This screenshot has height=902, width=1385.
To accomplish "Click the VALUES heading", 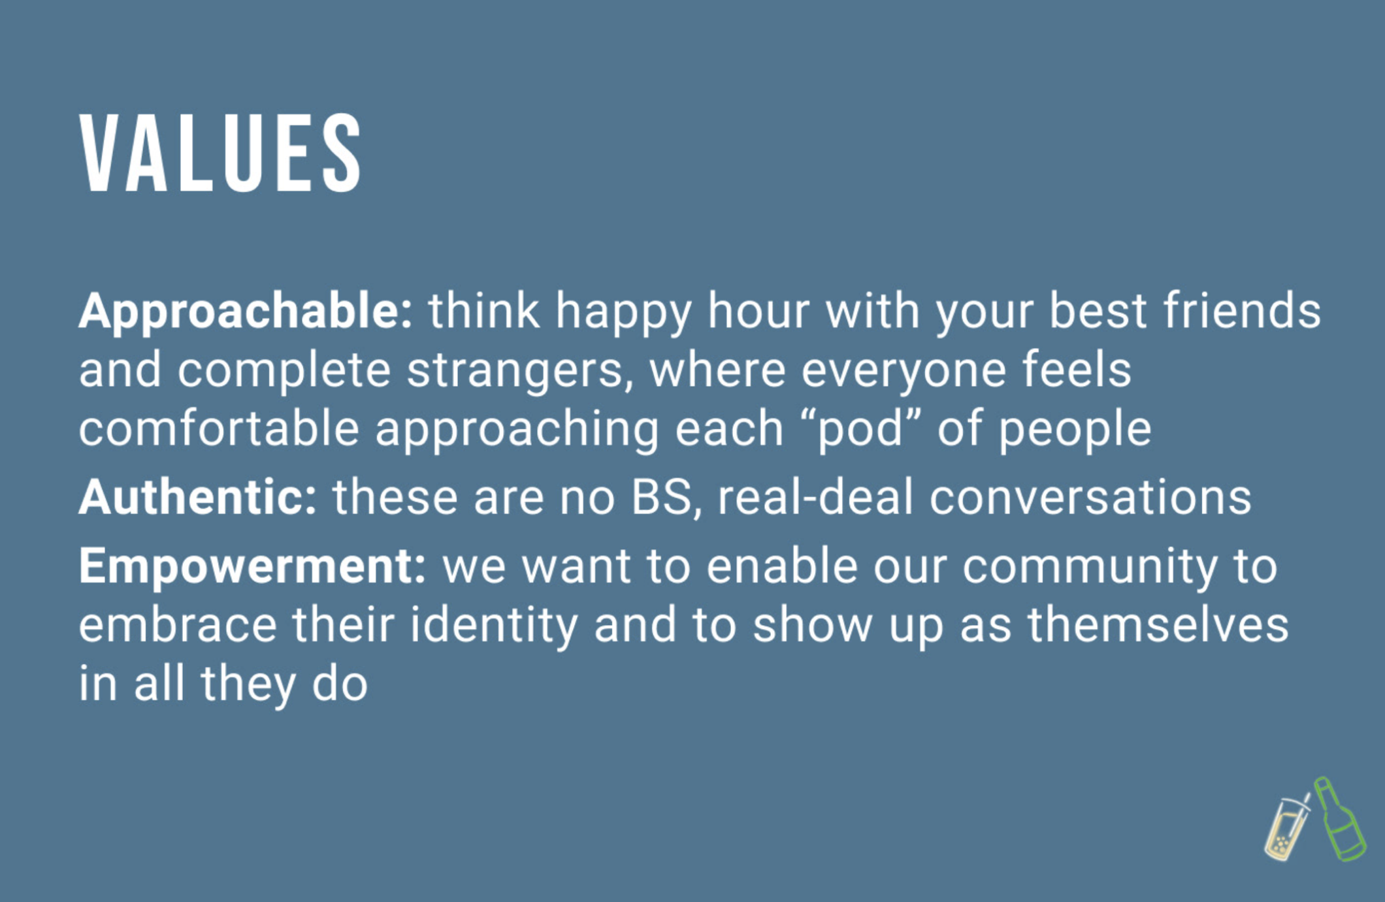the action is click(x=220, y=153).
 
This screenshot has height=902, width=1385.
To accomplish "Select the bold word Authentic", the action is click(x=198, y=498).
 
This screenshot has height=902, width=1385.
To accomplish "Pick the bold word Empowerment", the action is click(x=253, y=567).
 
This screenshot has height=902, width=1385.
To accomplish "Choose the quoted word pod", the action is click(x=860, y=431).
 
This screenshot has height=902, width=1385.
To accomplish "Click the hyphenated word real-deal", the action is click(x=815, y=498).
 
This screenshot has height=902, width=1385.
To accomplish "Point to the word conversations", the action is click(x=1090, y=498).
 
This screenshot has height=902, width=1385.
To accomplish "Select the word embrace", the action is click(x=178, y=625).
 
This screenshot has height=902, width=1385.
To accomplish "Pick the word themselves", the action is click(x=1158, y=625).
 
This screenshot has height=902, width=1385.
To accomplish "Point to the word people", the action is click(x=1075, y=431).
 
